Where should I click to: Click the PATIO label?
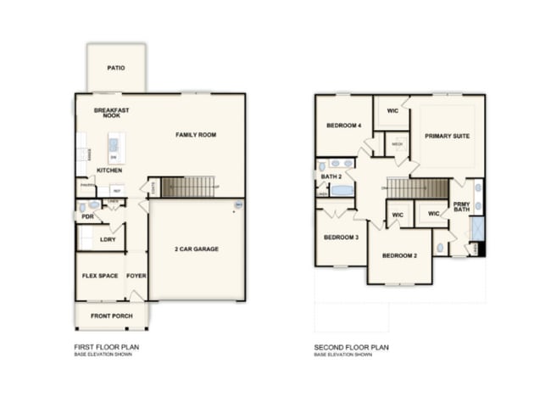[x=117, y=67]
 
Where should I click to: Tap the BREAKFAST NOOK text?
[x=111, y=113]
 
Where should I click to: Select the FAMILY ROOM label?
[x=196, y=135]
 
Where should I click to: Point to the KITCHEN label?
[x=109, y=171]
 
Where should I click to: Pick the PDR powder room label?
[x=87, y=216]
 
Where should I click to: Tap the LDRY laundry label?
[x=108, y=239]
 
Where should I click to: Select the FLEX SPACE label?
[x=99, y=276]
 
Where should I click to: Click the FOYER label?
[x=136, y=276]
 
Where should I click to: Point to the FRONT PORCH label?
[x=112, y=316]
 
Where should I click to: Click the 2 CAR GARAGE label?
[x=196, y=249]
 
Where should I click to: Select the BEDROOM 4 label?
[x=344, y=126]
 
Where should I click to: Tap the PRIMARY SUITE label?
[x=448, y=136]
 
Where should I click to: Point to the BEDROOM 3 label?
[x=341, y=238]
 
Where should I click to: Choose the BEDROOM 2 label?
[x=398, y=255]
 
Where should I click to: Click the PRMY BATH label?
[x=461, y=206]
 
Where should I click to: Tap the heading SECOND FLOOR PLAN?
[x=352, y=347]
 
